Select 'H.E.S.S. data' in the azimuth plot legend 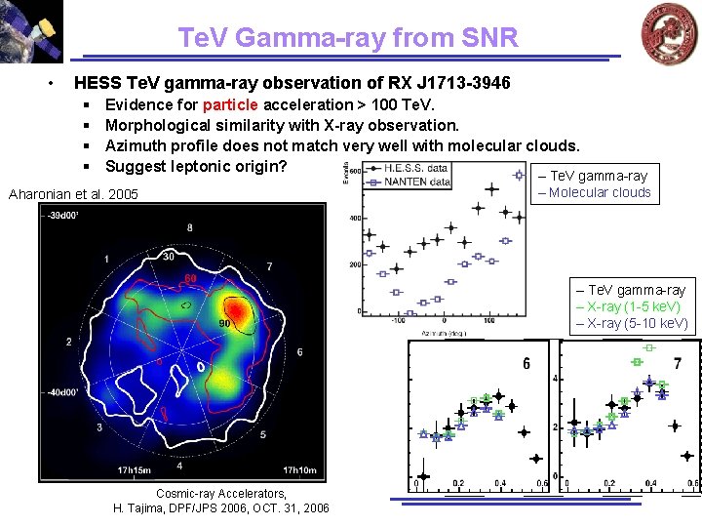tap(415, 168)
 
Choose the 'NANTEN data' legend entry tap(417, 182)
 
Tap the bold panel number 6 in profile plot tap(526, 364)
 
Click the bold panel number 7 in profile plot tap(678, 364)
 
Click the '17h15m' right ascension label tap(134, 470)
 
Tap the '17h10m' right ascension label tap(298, 470)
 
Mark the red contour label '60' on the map tap(191, 279)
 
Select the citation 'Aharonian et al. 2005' tap(73, 194)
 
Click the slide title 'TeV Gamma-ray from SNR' tap(348, 37)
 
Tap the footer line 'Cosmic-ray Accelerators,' tap(221, 494)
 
